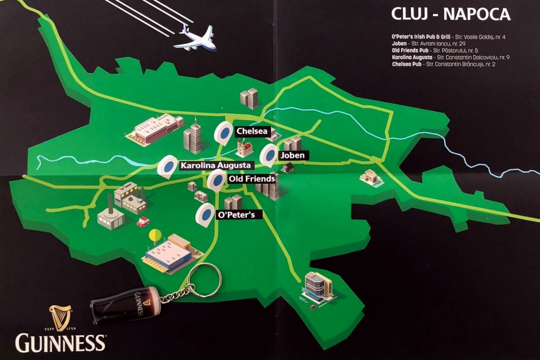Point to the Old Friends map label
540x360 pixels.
[252, 179]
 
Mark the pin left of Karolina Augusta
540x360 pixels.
[168, 166]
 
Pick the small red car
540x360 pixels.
[143, 221]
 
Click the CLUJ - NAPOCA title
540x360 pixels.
[451, 14]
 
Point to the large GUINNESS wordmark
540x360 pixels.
[60, 343]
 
